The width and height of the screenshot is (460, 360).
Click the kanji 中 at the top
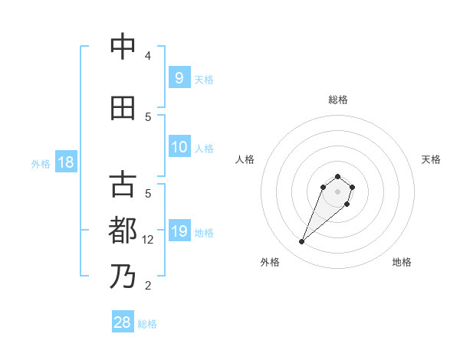click(123, 47)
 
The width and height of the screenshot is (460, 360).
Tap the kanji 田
click(123, 108)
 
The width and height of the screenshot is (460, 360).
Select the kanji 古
click(123, 185)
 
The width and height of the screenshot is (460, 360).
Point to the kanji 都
click(123, 231)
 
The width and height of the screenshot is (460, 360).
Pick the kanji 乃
click(123, 276)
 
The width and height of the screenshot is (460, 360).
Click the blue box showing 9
click(179, 78)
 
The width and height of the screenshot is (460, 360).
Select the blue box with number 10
click(179, 147)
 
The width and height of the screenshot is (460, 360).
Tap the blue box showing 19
click(179, 231)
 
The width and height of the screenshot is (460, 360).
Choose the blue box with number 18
click(66, 162)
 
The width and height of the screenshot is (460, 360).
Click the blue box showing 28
click(123, 322)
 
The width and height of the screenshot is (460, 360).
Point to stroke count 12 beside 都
click(149, 240)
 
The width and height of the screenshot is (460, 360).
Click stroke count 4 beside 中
click(148, 56)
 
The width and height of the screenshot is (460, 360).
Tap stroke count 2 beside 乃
click(148, 286)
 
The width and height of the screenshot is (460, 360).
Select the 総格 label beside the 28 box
click(147, 324)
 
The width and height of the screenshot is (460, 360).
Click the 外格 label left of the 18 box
click(41, 163)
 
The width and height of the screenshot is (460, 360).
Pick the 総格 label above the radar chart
click(338, 100)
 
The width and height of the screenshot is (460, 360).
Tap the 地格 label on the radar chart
click(402, 262)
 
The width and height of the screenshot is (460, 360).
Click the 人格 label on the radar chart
click(245, 159)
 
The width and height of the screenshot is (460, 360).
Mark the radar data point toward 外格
click(302, 242)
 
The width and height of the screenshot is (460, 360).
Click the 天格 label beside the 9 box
click(204, 79)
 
